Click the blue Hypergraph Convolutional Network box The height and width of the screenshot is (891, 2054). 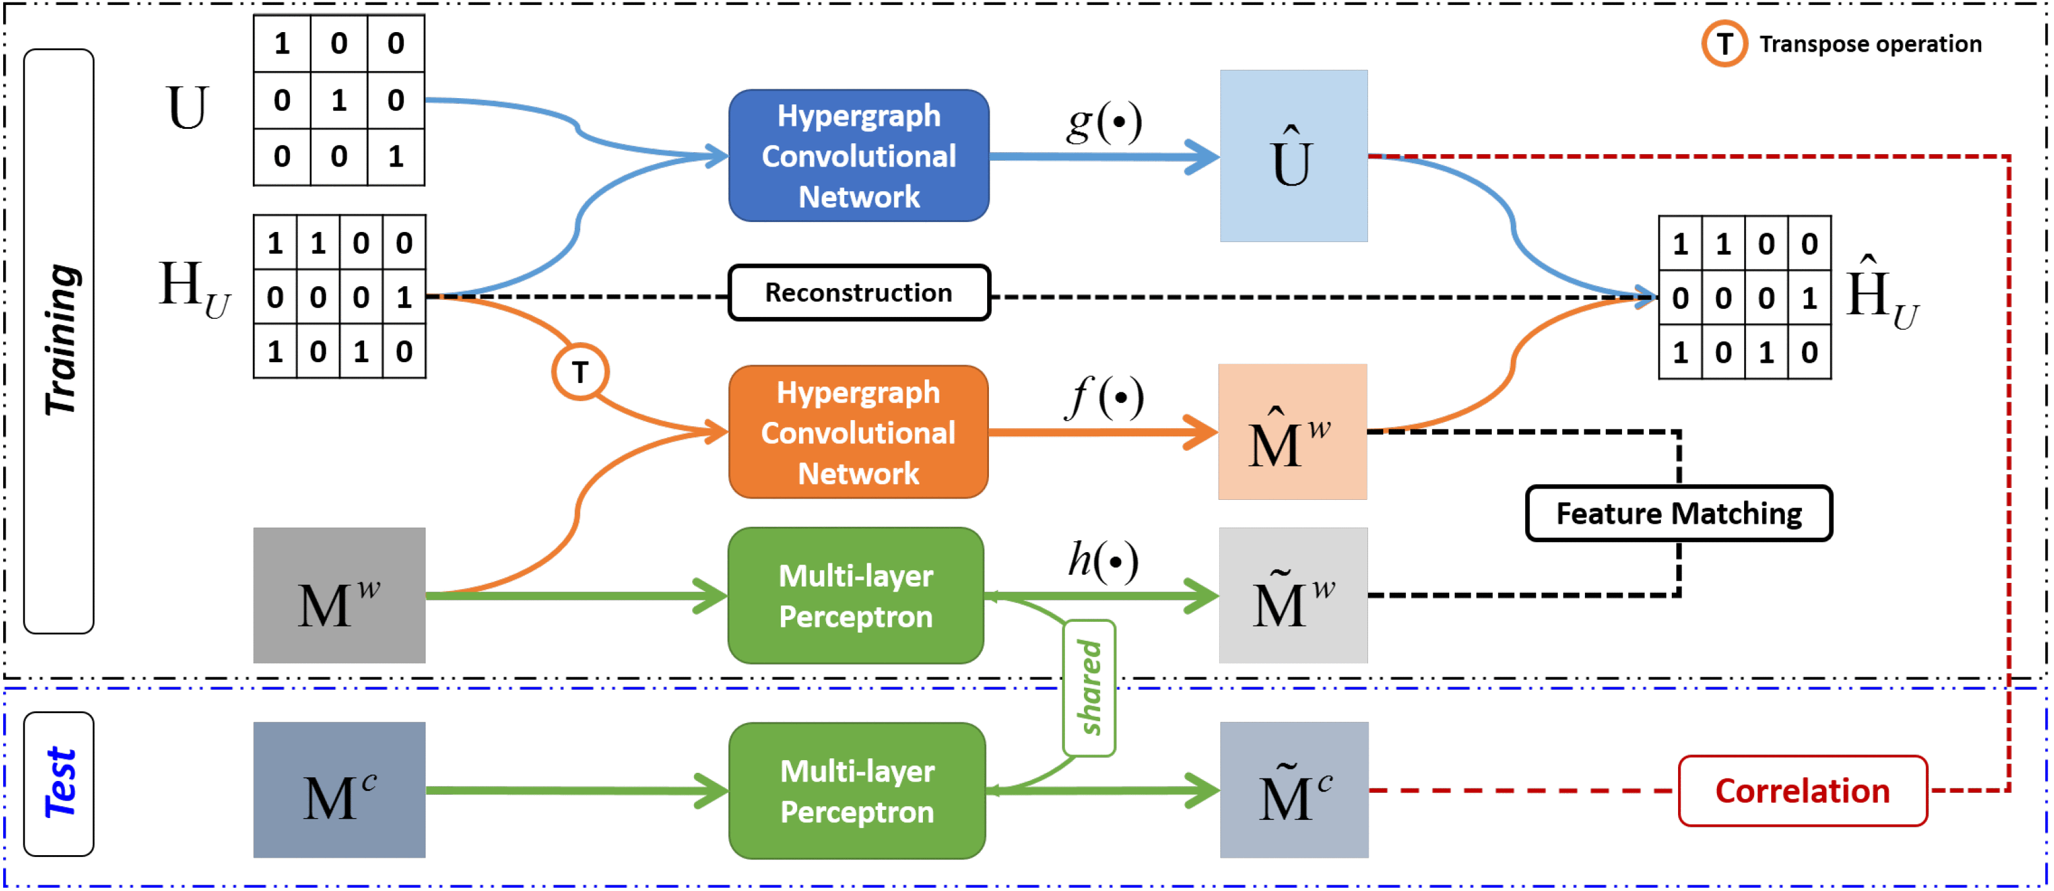coord(859,155)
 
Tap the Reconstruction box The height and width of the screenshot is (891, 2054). coord(859,293)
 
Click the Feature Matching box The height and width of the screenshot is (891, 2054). coord(1679,513)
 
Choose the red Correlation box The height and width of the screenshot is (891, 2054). coord(1802,790)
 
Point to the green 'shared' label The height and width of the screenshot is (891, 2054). coord(1089,688)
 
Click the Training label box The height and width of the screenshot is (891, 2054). coord(59,341)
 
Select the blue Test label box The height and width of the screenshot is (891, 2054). coord(59,783)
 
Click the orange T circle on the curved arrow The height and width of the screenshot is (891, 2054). coord(580,372)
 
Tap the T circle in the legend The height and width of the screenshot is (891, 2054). coord(1725,44)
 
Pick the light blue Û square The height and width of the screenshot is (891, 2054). coord(1293,155)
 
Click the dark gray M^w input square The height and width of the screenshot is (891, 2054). coord(339,595)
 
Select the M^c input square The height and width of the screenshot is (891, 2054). coord(339,790)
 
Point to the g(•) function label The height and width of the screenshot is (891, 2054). coord(1105,122)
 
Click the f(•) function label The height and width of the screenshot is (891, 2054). coord(1105,397)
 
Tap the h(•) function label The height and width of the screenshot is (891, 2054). coord(1103,560)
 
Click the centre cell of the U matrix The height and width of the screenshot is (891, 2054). coord(339,100)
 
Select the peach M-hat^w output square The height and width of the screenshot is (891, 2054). coord(1293,431)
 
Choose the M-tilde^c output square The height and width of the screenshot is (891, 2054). coord(1294,790)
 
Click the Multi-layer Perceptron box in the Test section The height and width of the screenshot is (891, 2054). coord(857,790)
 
